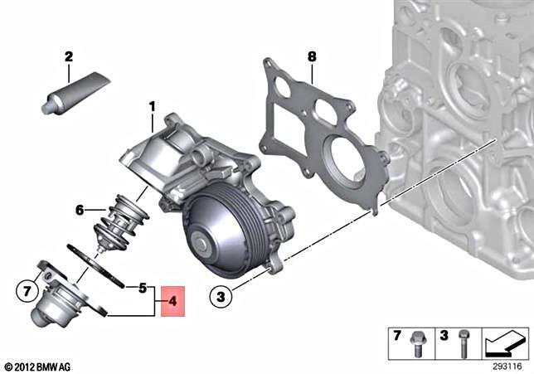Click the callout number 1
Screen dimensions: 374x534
tap(152, 106)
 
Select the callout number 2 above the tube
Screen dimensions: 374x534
tap(69, 57)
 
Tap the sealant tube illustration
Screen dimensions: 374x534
tap(74, 93)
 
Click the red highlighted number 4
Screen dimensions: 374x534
tap(173, 302)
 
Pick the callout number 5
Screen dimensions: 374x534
tap(143, 288)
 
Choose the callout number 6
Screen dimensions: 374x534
tap(80, 211)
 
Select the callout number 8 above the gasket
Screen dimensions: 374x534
tap(312, 56)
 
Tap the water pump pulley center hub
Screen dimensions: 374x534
tap(202, 245)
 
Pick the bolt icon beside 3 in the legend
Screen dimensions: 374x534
tap(464, 343)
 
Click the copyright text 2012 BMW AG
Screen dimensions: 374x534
tap(38, 366)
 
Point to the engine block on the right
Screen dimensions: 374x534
tap(464, 124)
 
